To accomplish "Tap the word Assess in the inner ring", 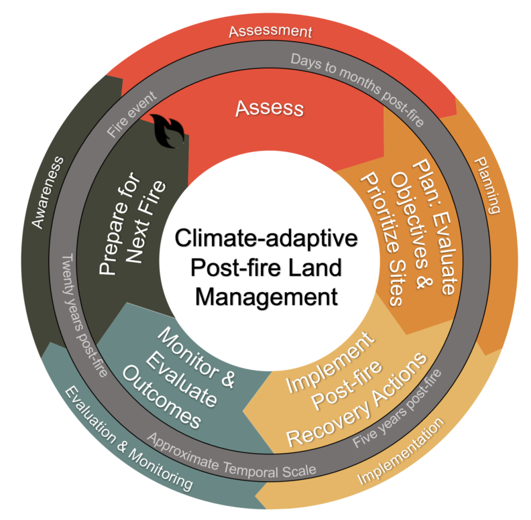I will coord(269,108).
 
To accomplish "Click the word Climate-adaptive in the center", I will coord(267,239).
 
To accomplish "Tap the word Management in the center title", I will coord(267,296).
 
